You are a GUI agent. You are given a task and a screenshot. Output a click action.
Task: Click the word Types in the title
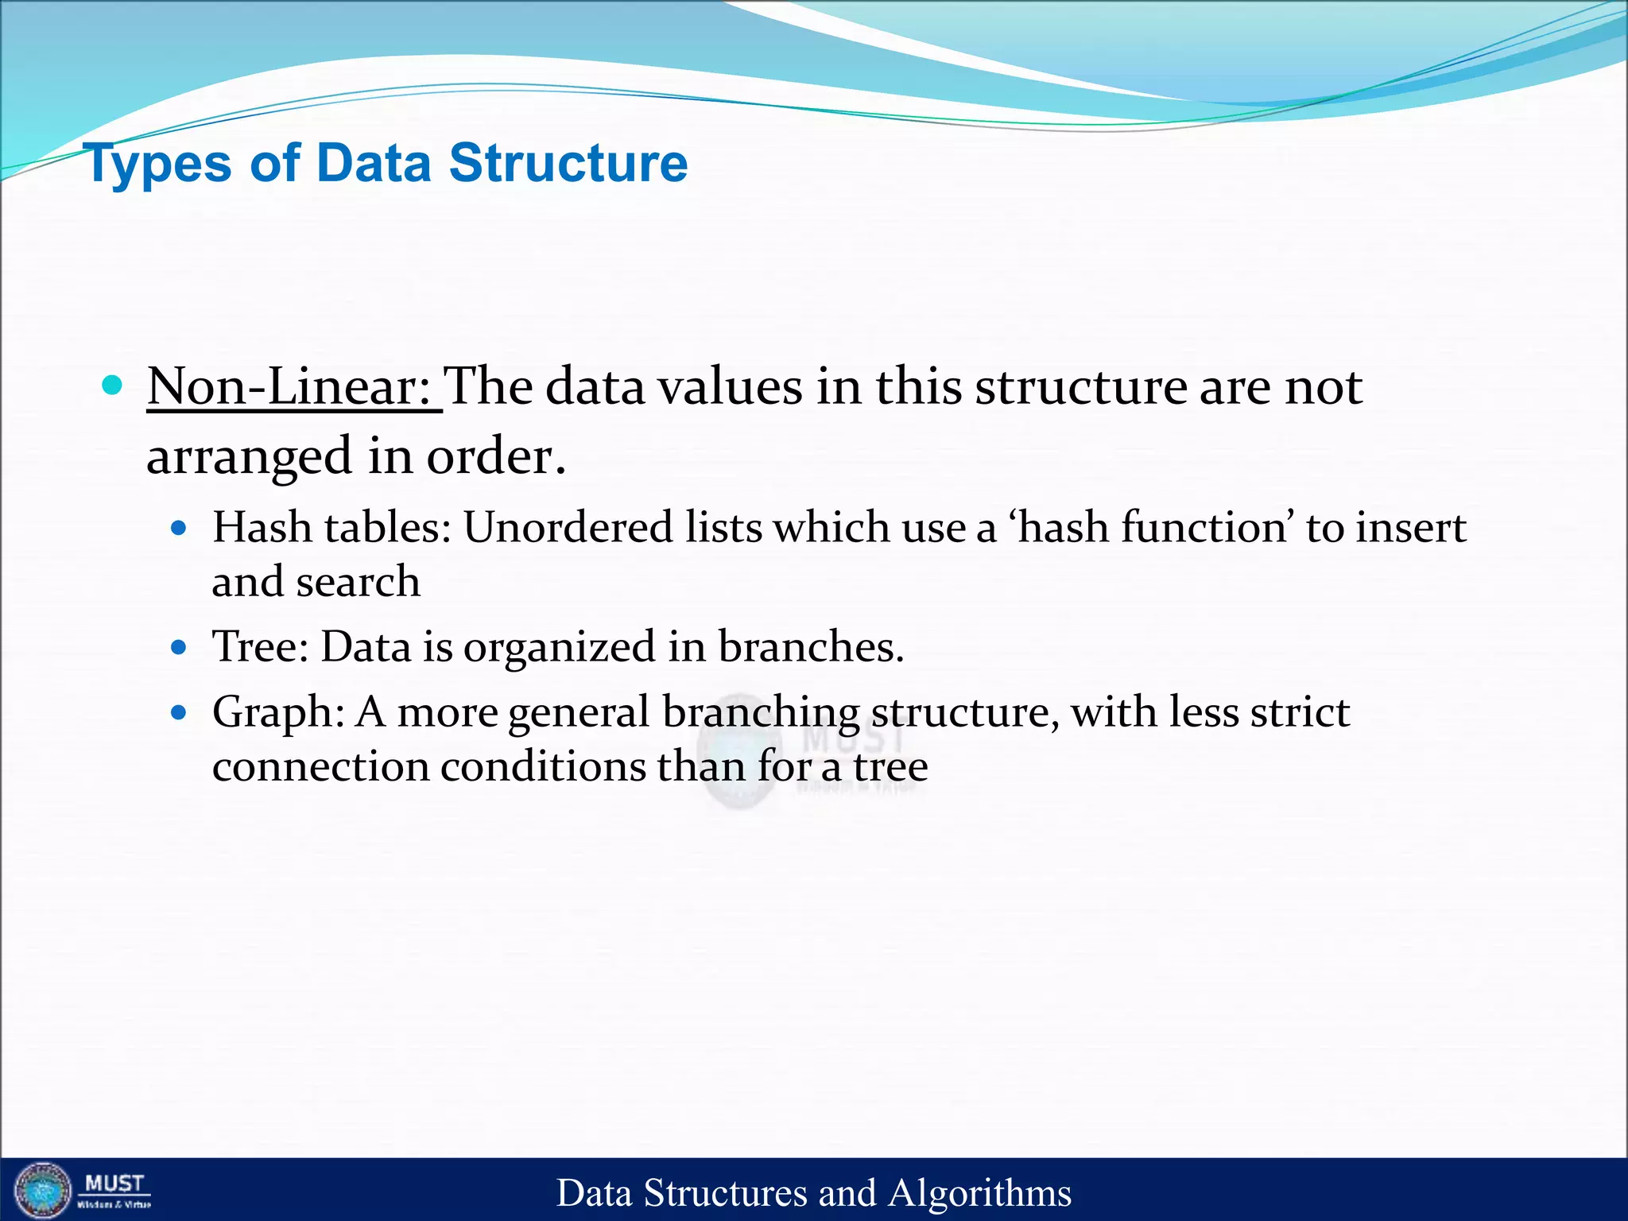tap(157, 164)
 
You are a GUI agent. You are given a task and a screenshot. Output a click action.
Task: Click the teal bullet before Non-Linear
tap(113, 386)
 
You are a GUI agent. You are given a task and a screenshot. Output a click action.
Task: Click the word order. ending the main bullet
tap(496, 457)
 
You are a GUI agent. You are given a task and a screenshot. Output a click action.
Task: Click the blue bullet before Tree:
tap(179, 647)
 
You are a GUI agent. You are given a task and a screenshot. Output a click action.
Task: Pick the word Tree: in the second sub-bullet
tap(261, 646)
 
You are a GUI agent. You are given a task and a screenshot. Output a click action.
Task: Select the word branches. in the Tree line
tap(811, 646)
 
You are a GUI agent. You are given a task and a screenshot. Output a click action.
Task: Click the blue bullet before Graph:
tap(179, 712)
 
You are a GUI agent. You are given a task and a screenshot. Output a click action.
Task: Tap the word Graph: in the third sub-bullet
tap(278, 712)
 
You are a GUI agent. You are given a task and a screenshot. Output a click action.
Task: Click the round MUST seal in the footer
tap(44, 1190)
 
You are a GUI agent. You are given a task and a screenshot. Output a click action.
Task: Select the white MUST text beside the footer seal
tap(114, 1184)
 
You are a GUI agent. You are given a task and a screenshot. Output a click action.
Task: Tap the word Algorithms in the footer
tap(979, 1193)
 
